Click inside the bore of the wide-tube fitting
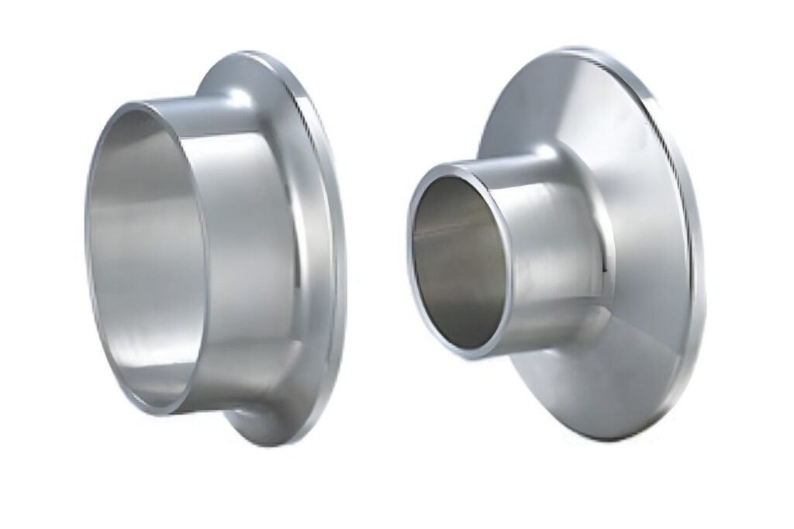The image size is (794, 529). (x=143, y=256)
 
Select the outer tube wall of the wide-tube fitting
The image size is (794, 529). (x=233, y=256)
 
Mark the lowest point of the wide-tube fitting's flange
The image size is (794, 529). (x=268, y=445)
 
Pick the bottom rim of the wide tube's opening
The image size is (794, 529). (x=155, y=408)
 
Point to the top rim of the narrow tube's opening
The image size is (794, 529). (x=457, y=164)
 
